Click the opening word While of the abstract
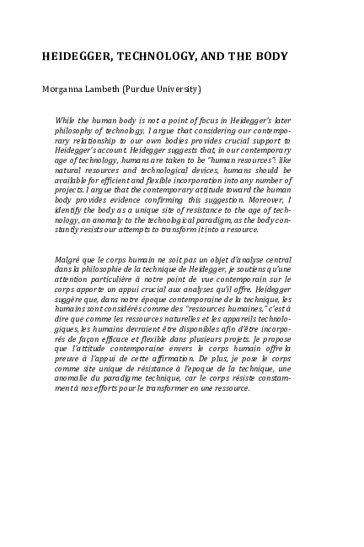[x=65, y=121]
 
